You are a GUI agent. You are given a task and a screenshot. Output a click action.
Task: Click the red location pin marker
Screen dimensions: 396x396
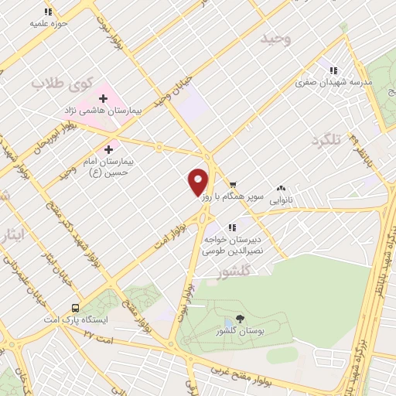(198, 181)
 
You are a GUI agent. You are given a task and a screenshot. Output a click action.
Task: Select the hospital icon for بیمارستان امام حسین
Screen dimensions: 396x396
(108, 148)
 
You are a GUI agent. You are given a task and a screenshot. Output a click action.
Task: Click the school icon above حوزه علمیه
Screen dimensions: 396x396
(48, 12)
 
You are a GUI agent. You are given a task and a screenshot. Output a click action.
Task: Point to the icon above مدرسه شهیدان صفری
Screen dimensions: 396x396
(334, 70)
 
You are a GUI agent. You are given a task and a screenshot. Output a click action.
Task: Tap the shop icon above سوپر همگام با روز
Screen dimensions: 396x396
(233, 186)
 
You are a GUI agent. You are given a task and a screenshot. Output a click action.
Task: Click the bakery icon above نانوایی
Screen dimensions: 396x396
(280, 186)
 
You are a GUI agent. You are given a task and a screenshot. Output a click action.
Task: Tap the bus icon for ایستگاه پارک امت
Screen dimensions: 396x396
(75, 306)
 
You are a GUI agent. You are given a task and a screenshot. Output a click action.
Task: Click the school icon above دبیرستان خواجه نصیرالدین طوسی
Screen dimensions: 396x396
(233, 227)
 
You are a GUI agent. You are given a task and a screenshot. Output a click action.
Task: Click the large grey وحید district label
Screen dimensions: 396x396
(276, 39)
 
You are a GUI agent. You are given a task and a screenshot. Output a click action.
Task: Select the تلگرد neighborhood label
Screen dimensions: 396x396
(326, 141)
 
